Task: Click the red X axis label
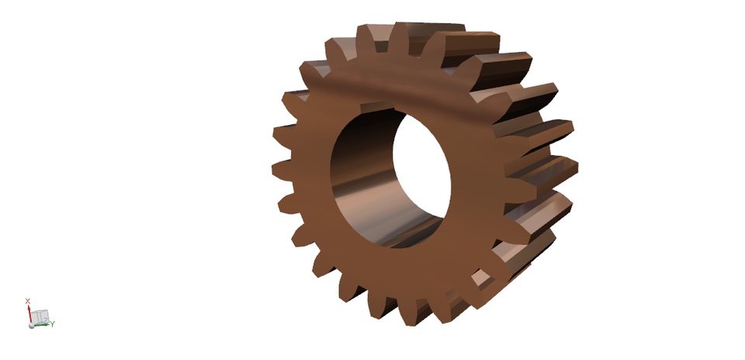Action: (27, 300)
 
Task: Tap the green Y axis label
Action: (53, 324)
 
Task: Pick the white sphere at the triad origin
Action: (32, 326)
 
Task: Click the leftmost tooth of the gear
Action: (281, 169)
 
